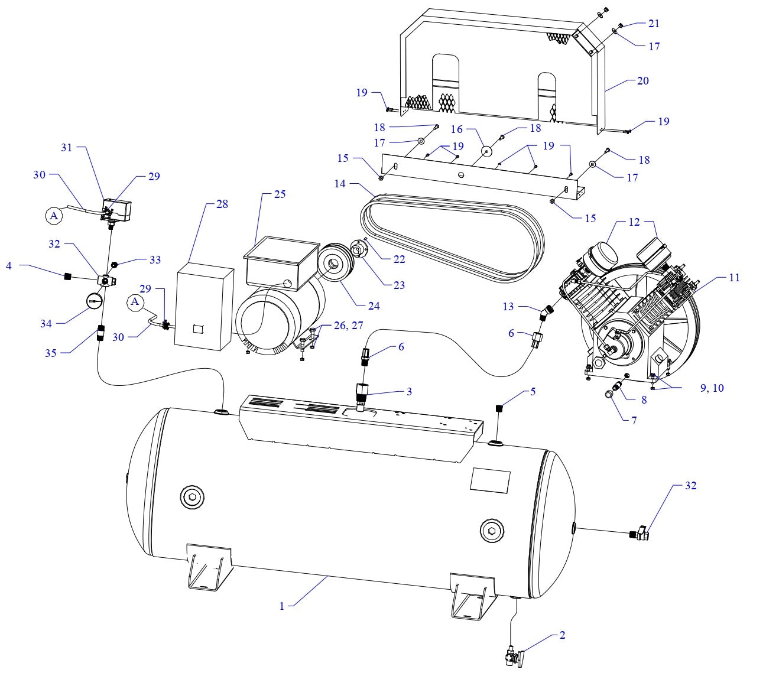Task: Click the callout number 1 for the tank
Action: pyautogui.click(x=282, y=606)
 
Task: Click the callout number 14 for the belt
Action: pyautogui.click(x=339, y=184)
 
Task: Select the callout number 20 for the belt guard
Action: pyautogui.click(x=642, y=80)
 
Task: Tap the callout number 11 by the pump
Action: pyautogui.click(x=733, y=277)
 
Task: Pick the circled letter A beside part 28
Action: pyautogui.click(x=135, y=302)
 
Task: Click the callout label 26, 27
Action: pyautogui.click(x=349, y=326)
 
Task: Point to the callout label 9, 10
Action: pyautogui.click(x=712, y=388)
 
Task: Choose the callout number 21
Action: pyautogui.click(x=654, y=24)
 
